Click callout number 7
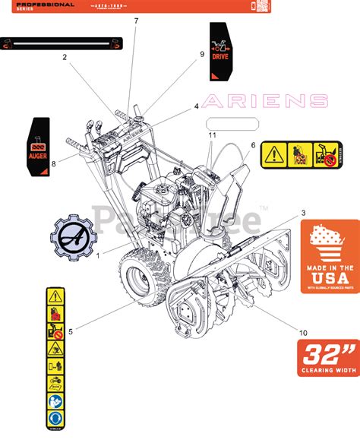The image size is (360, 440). [137, 21]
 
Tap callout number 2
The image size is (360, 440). [65, 57]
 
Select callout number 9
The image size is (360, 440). [202, 54]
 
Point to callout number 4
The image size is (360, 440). [197, 106]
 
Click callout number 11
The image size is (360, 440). [210, 135]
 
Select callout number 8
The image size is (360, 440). [53, 163]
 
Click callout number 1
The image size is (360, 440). [99, 256]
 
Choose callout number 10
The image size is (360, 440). [303, 331]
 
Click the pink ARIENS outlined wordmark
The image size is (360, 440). [267, 101]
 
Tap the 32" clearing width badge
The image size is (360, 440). [327, 357]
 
